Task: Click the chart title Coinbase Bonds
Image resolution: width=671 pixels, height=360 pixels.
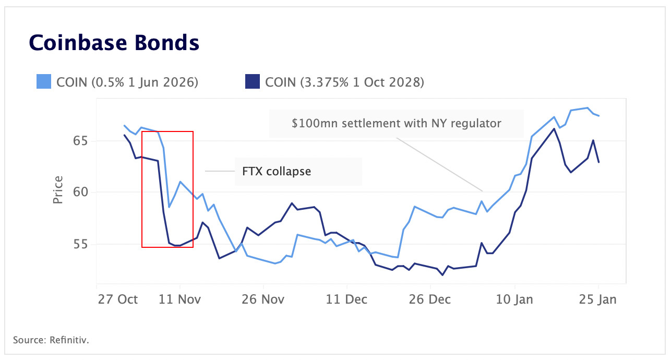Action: (x=114, y=42)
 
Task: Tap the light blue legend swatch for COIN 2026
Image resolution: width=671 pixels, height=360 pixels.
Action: (x=44, y=82)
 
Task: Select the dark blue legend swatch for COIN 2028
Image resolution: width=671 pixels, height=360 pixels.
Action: (x=252, y=82)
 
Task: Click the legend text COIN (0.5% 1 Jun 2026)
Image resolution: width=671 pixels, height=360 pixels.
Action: (x=127, y=82)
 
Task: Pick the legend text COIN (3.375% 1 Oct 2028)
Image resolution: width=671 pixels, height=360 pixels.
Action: (x=344, y=82)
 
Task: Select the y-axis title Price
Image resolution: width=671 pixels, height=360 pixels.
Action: (x=57, y=190)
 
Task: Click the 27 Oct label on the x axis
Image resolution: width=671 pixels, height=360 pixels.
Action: (x=117, y=299)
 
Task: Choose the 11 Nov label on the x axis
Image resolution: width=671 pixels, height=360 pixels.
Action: (x=180, y=299)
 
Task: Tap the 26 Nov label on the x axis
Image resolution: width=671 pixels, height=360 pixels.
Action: (x=263, y=299)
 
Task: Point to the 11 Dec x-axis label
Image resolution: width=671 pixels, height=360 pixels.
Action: (x=347, y=299)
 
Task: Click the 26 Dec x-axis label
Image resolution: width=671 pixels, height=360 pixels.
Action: (x=431, y=299)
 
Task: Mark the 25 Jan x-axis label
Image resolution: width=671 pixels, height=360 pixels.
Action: (x=598, y=299)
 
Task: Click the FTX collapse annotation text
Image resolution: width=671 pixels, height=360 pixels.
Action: (x=277, y=171)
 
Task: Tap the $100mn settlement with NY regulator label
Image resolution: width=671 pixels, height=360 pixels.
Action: (x=397, y=124)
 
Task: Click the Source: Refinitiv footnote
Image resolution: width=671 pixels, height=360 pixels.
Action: (x=51, y=340)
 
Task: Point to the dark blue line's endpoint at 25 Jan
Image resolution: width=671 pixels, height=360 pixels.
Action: (x=598, y=162)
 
